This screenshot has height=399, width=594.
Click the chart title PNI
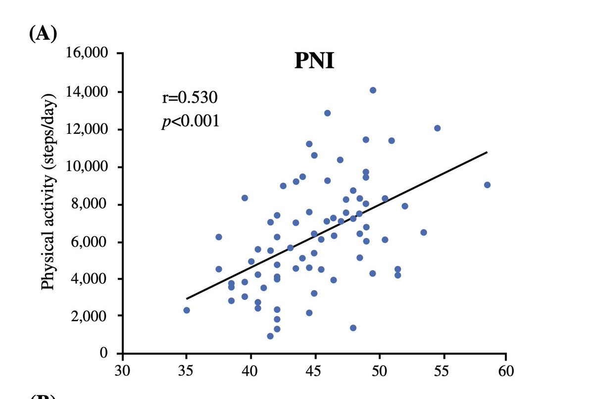[x=314, y=61]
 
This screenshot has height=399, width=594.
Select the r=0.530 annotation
[x=190, y=97]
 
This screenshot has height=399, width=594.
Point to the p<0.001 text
[x=191, y=121]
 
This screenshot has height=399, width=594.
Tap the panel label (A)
[x=43, y=34]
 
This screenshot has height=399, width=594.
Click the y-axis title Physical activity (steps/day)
[x=49, y=192]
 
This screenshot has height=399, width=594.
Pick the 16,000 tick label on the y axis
[x=87, y=53]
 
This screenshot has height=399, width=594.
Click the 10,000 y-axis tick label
[x=87, y=167]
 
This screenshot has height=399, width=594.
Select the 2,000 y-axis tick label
[x=89, y=316]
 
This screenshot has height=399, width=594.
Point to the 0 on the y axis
[x=104, y=353]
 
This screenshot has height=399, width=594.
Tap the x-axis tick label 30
[x=122, y=371]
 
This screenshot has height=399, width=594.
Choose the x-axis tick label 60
[x=506, y=371]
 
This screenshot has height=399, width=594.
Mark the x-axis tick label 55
[x=441, y=371]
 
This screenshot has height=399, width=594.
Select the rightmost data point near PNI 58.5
[x=487, y=185]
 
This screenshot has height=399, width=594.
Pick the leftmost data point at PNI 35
[x=187, y=310]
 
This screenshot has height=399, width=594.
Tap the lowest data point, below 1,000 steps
[x=270, y=336]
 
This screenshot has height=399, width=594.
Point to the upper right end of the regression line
[x=487, y=152]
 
